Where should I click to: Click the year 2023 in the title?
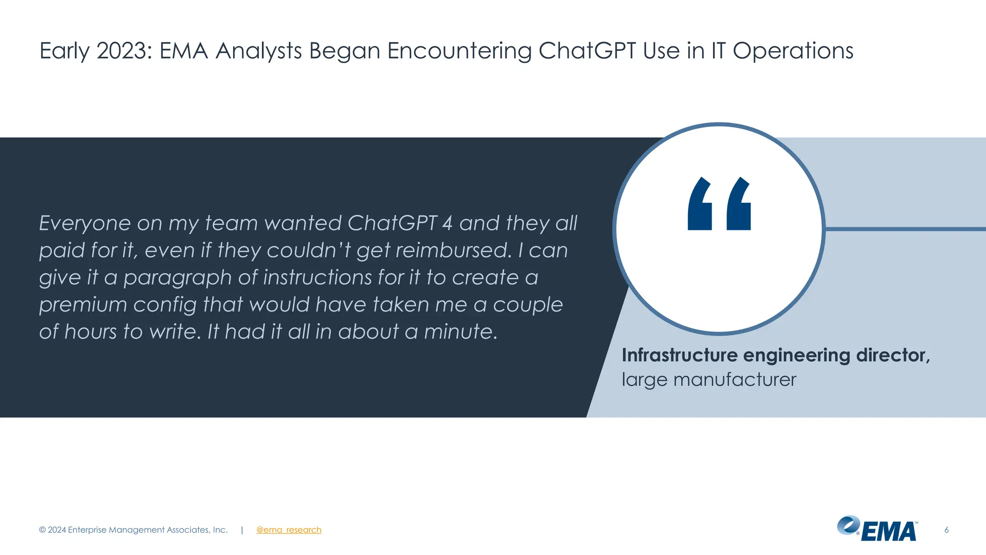[x=124, y=51]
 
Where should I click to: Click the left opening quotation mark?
[x=700, y=204]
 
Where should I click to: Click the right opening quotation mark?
[x=739, y=204]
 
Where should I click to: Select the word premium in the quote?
[x=83, y=304]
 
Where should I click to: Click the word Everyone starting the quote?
[x=85, y=223]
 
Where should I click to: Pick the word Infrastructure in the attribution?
[x=679, y=355]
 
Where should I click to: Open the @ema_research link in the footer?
[x=288, y=529]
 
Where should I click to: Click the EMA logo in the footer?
[x=877, y=529]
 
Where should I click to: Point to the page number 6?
[x=946, y=529]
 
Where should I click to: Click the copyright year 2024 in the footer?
[x=57, y=529]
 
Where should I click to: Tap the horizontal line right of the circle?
[x=905, y=229]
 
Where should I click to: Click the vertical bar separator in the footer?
[x=242, y=529]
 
